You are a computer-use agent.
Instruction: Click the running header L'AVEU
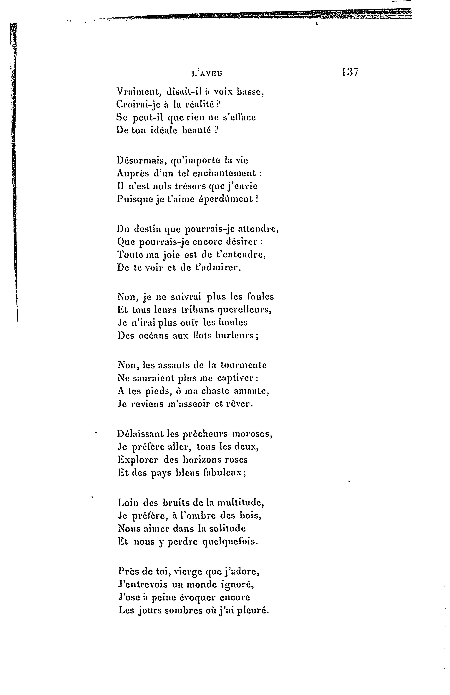(x=207, y=74)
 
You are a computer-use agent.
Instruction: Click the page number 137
(x=350, y=72)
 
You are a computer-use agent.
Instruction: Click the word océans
(x=154, y=335)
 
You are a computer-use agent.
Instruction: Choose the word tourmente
(x=243, y=365)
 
